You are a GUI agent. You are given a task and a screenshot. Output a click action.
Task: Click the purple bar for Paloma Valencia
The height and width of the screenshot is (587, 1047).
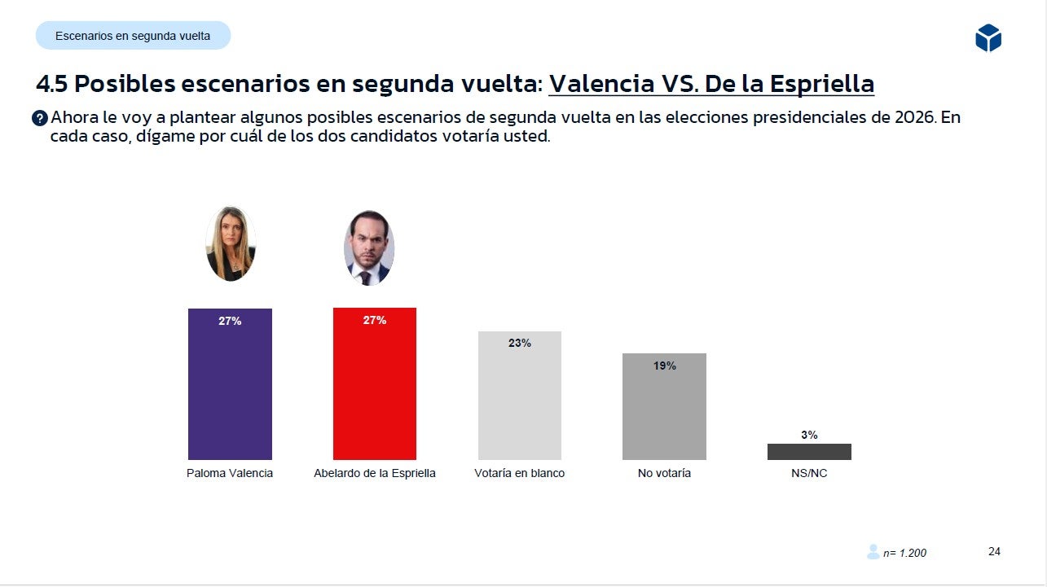pos(230,391)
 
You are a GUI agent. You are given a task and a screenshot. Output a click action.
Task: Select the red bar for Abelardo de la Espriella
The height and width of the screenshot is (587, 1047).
pos(375,391)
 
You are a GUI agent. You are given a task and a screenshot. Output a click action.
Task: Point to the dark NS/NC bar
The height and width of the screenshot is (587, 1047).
pos(809,452)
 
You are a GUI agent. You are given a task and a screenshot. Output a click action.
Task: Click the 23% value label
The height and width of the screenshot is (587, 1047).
pos(520,344)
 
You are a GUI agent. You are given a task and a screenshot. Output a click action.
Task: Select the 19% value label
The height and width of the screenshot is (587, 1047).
pos(665,366)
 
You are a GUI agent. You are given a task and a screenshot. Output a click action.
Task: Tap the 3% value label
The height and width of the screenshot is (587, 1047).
pos(809,435)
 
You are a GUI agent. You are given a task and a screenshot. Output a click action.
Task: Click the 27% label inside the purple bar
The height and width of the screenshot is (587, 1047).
pos(230,321)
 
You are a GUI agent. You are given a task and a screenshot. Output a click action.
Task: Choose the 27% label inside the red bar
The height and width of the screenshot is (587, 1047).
pos(375,320)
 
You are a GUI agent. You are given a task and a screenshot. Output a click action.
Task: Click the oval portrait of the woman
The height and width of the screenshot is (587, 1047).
pos(231,243)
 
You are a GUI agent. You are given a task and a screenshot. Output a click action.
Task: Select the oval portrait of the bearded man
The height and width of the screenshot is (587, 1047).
pos(369,248)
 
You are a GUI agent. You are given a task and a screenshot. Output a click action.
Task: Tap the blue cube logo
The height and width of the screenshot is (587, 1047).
pos(988,38)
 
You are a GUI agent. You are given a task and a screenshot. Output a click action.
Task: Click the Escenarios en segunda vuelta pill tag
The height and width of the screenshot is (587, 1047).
pos(133,36)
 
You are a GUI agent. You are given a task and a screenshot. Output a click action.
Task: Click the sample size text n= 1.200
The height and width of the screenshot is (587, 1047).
pos(904,553)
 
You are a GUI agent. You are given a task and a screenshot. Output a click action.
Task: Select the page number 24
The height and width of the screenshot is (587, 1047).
pos(994,551)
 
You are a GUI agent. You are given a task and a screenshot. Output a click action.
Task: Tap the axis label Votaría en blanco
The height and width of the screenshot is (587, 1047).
pos(519,473)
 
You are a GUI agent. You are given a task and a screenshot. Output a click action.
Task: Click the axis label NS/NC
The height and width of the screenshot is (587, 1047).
pos(809,473)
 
